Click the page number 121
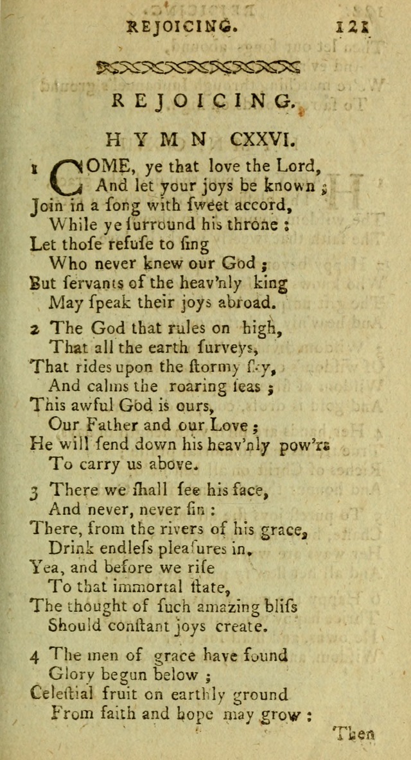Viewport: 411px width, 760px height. (354, 28)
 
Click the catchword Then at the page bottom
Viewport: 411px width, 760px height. (354, 734)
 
